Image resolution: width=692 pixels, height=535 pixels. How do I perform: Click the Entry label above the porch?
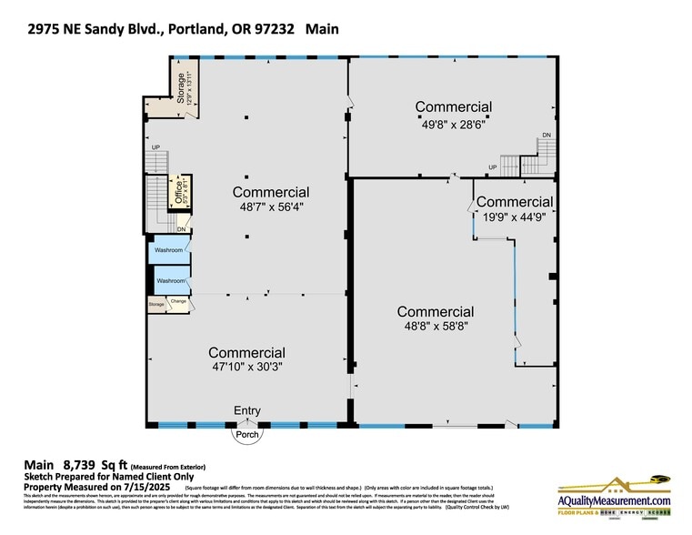click(x=247, y=411)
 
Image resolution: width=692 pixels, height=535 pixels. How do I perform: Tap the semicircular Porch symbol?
click(x=247, y=433)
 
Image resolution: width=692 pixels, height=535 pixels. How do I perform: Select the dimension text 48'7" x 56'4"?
click(x=270, y=207)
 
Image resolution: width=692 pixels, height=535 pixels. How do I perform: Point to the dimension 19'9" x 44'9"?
click(x=514, y=217)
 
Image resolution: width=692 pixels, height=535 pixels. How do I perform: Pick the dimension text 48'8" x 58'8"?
click(x=436, y=326)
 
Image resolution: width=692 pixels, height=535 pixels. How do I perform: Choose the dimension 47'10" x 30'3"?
click(x=246, y=368)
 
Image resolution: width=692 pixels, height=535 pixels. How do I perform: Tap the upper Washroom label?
click(x=170, y=250)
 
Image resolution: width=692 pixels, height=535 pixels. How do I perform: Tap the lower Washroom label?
click(x=170, y=281)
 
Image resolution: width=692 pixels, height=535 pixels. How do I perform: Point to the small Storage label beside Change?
click(x=156, y=304)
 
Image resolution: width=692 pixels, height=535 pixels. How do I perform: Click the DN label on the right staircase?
click(x=547, y=136)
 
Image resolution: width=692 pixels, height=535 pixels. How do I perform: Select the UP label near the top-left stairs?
click(x=155, y=147)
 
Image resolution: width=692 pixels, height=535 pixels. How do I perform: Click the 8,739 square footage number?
click(x=78, y=464)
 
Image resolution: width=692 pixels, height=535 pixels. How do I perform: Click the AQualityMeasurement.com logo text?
click(x=614, y=500)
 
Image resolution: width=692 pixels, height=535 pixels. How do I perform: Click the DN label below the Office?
click(x=182, y=229)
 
